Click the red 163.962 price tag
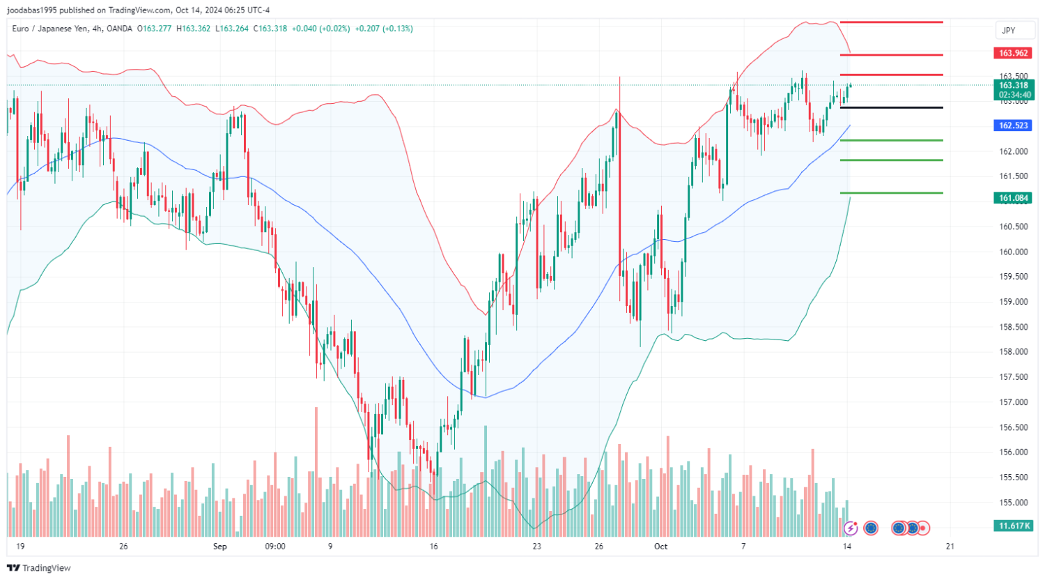1013,53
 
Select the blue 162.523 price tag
1013,125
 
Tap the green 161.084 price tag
1013,198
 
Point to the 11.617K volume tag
1013,526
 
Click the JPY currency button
1008,30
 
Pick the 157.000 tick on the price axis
1014,402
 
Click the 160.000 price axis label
1014,252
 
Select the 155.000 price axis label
1014,503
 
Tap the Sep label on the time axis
220,547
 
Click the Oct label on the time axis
660,547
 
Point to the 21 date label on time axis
950,547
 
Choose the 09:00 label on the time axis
275,547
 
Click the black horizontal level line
891,107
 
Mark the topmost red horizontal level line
891,22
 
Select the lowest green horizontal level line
891,193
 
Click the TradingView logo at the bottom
40,568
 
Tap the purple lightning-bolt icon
850,528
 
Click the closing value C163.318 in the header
270,29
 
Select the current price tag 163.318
1013,86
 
